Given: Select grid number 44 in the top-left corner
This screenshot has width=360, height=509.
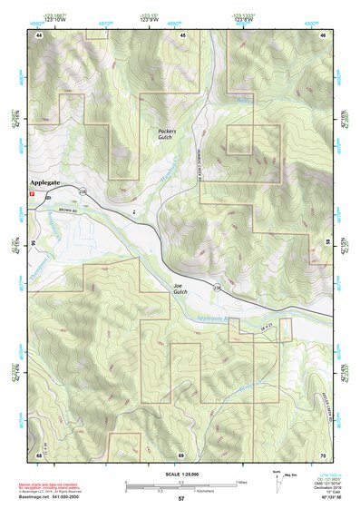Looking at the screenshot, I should (x=39, y=34).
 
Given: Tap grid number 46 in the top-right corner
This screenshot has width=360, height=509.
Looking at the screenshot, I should (x=324, y=34).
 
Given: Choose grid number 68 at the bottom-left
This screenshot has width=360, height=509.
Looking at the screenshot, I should (x=39, y=455).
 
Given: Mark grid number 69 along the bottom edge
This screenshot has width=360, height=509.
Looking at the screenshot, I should (x=181, y=455).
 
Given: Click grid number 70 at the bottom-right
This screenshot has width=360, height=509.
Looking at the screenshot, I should (x=324, y=455).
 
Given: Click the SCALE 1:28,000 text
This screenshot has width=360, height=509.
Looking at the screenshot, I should (x=180, y=474).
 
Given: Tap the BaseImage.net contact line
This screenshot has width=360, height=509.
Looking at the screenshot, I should (x=55, y=496).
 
